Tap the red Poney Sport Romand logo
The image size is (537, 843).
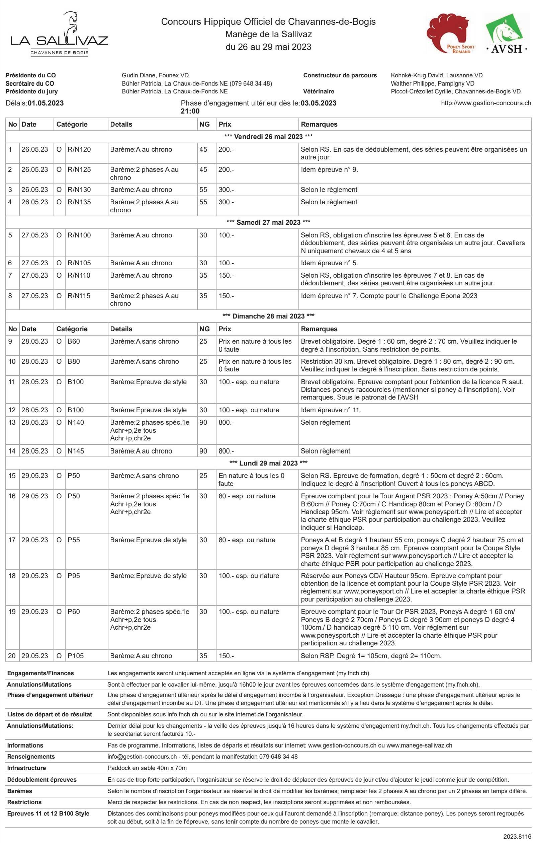click(x=452, y=33)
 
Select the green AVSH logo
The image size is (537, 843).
click(x=506, y=33)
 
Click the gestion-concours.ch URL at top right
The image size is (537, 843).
click(x=485, y=103)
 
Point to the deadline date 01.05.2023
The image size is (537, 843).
click(x=46, y=103)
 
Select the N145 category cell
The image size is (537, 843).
click(x=76, y=451)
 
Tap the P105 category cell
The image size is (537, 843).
click(x=76, y=656)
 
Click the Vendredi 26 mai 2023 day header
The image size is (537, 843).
click(x=268, y=137)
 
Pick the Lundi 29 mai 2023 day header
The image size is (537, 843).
click(x=268, y=463)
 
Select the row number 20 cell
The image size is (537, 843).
click(x=12, y=656)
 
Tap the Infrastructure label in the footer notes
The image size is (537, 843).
click(x=26, y=768)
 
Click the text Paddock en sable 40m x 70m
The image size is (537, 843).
click(x=147, y=768)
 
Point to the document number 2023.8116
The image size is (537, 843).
click(x=517, y=837)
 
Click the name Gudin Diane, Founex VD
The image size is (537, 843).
click(x=155, y=75)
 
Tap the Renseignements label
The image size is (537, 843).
click(x=31, y=757)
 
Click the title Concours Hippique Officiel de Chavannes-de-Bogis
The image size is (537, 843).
click(x=268, y=22)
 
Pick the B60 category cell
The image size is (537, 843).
click(x=74, y=341)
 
